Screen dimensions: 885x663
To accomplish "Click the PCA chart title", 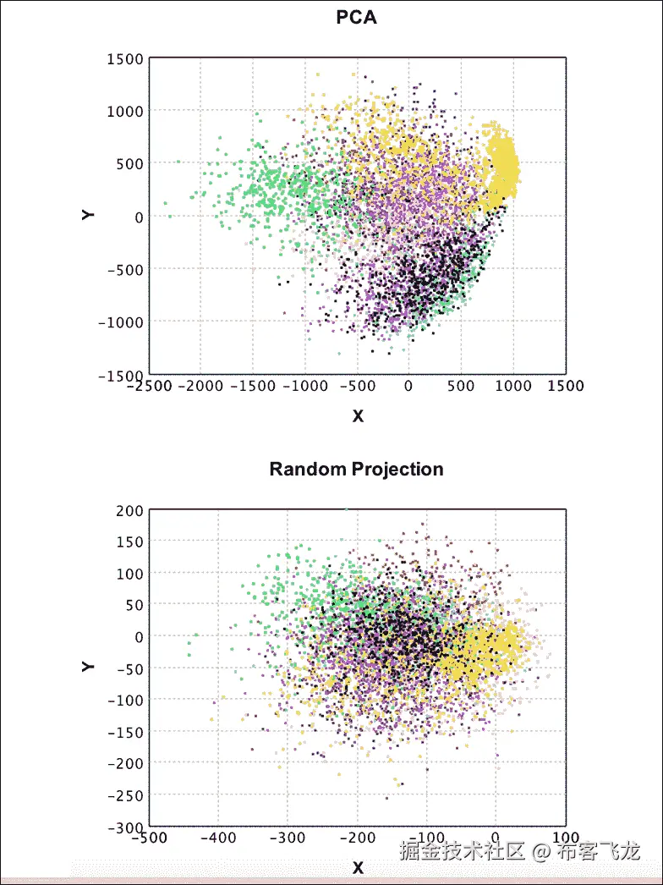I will coord(356,17).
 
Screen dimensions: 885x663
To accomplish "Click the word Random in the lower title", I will coord(299,469).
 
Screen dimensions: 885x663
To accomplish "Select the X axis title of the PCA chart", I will coord(358,416).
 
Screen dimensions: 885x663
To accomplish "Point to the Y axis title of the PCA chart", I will coord(88,215).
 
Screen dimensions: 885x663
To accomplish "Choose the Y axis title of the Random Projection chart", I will coord(88,667).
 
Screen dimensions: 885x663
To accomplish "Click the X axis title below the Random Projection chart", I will coord(358,868).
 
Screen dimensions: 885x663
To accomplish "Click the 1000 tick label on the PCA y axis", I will coord(125,111).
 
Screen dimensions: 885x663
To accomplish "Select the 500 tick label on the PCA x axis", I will coord(462,386).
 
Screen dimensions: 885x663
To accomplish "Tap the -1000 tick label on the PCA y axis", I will coord(120,322).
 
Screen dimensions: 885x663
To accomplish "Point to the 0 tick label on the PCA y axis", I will coord(139,217).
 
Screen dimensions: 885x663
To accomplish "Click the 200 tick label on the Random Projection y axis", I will coord(130,510).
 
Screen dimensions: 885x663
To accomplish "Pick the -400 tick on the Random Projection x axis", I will coord(218,838).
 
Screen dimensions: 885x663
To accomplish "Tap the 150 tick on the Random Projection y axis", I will coord(130,541).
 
